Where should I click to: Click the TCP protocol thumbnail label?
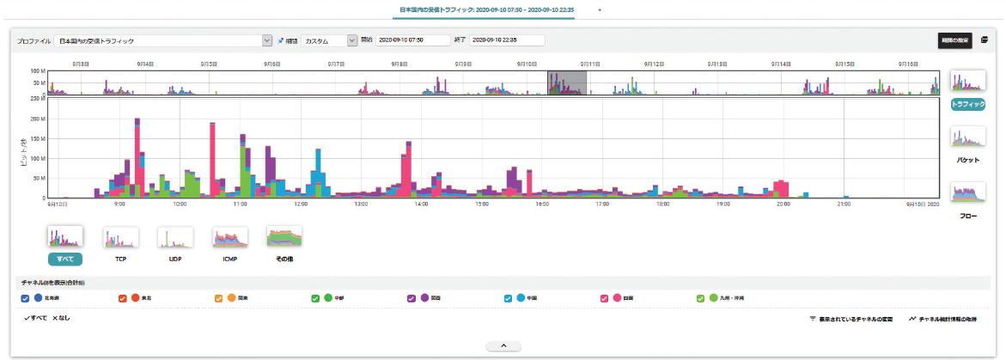point(120,257)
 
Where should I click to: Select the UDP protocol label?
point(174,257)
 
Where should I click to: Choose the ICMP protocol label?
point(229,257)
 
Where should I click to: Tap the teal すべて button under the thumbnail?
point(64,257)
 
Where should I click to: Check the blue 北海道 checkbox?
point(25,298)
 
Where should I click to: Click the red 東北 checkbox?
point(122,298)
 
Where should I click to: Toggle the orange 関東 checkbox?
point(218,298)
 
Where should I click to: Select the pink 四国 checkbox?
point(605,298)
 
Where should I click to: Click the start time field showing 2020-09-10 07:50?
point(412,40)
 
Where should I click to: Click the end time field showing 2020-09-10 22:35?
point(506,40)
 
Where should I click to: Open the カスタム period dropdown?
point(329,40)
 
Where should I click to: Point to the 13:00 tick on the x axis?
point(361,204)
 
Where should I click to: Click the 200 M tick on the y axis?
point(36,118)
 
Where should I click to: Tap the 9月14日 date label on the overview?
point(780,64)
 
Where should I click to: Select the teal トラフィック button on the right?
point(968,104)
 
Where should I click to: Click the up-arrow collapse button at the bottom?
point(503,345)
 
